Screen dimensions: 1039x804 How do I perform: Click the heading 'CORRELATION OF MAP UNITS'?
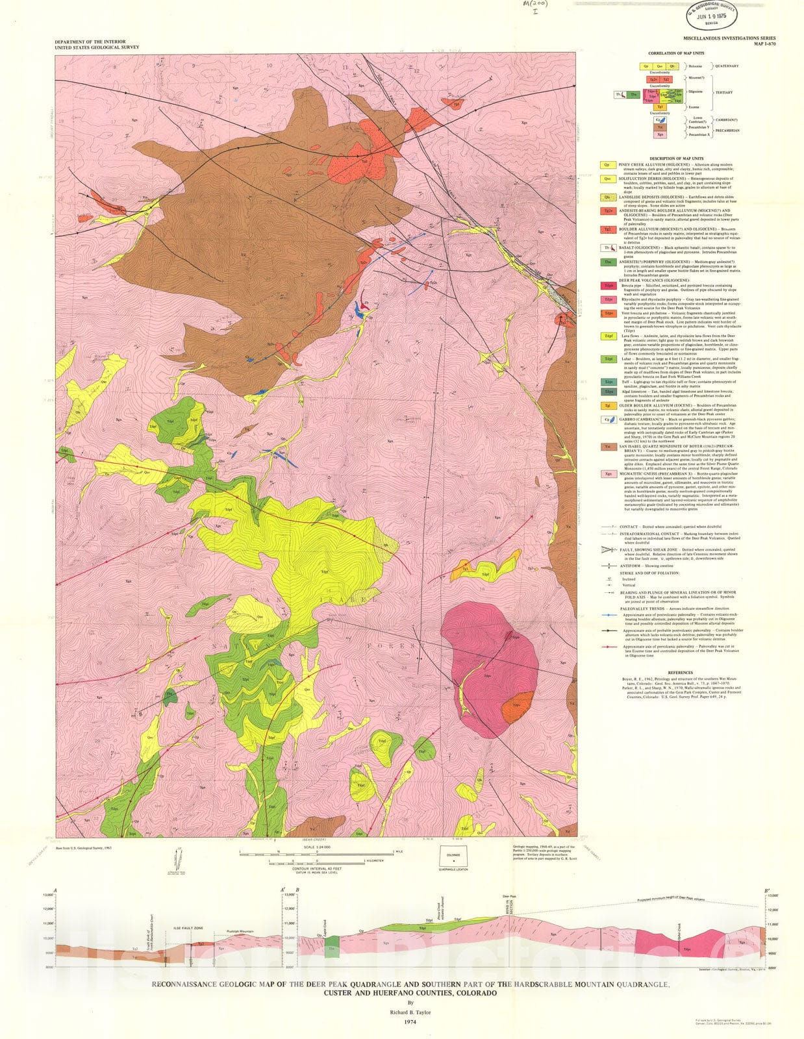click(x=678, y=54)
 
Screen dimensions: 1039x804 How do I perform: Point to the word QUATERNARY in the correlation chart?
click(x=727, y=66)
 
